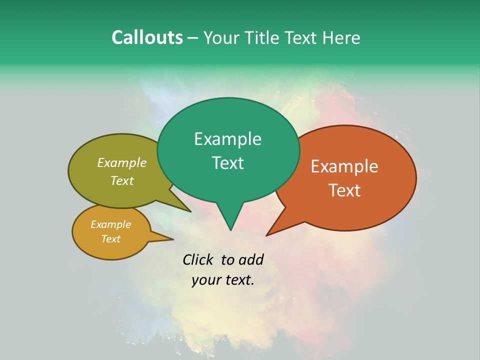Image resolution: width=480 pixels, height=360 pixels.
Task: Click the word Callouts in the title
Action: [x=147, y=37]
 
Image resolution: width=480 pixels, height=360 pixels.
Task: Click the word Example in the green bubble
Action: [x=227, y=139]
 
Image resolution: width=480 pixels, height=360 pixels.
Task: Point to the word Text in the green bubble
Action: [x=227, y=163]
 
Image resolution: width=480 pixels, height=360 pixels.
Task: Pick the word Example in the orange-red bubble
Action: [x=344, y=166]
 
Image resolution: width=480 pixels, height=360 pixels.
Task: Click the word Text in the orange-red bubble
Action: [x=344, y=190]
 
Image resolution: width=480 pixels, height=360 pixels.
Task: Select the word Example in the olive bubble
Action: [x=122, y=163]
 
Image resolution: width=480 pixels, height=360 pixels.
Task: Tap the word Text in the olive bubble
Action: [x=122, y=181]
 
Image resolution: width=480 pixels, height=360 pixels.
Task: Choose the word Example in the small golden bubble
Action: [x=110, y=224]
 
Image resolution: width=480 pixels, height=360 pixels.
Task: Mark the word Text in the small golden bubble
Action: [x=110, y=239]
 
